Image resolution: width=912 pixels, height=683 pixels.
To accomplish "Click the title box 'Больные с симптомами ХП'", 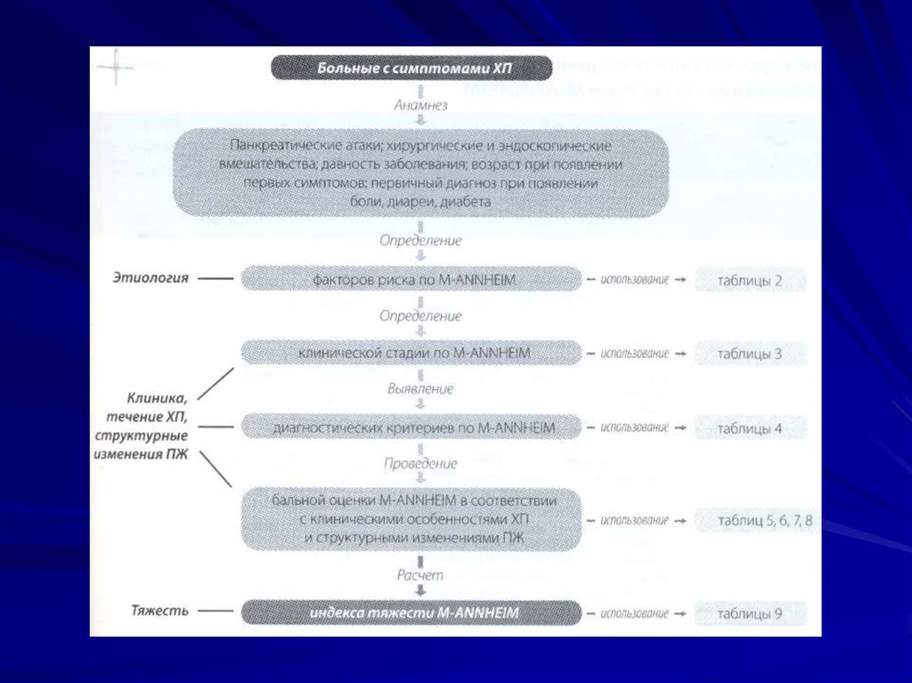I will [411, 69].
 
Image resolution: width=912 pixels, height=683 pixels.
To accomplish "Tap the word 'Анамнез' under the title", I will [420, 104].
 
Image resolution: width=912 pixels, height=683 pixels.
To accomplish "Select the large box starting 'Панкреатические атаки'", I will [419, 173].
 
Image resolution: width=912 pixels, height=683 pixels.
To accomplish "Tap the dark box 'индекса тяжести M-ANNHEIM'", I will [411, 614].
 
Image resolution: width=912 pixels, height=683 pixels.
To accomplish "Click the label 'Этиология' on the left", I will [151, 279].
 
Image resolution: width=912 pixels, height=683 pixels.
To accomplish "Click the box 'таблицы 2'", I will [750, 281].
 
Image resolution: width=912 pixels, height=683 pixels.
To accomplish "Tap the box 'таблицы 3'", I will [750, 354].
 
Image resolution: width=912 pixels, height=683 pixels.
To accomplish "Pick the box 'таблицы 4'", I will [750, 428].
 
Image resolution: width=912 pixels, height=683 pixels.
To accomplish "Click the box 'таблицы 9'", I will [750, 614].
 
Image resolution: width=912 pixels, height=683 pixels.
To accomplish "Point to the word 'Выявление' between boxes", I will [420, 389].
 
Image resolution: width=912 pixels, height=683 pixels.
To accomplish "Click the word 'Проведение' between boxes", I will [420, 464].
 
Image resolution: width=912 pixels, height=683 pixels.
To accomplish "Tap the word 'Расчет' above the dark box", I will [420, 576].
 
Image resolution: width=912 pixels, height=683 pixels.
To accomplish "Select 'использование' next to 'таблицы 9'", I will [634, 614].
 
